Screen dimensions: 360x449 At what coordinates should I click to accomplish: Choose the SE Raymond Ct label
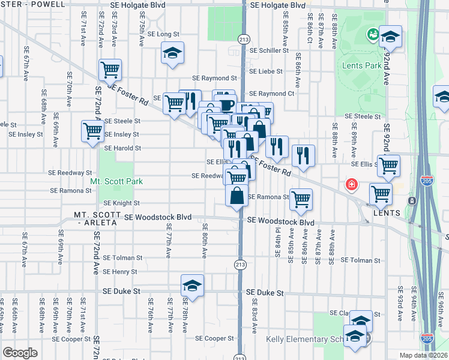coord(271,94)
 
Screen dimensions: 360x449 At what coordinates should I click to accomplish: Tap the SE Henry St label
coord(120,272)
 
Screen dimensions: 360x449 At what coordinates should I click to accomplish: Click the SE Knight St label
coord(120,203)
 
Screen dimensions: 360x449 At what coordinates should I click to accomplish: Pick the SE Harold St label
coord(122,148)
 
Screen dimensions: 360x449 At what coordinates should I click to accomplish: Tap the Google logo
coord(20,353)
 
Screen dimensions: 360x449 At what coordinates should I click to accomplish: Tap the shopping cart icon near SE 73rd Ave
coord(110,70)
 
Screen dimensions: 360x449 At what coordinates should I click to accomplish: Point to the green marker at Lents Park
coord(373,35)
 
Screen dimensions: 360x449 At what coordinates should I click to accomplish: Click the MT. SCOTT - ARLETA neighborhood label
coord(98,218)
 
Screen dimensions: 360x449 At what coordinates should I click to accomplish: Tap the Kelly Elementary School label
coord(305,340)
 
